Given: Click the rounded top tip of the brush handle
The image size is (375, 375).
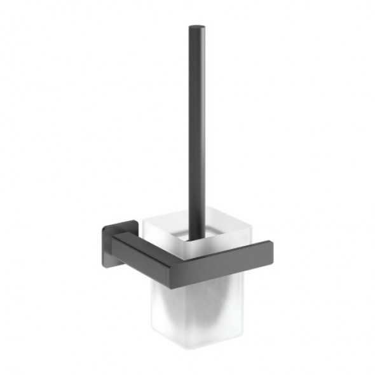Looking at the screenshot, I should click(x=196, y=27).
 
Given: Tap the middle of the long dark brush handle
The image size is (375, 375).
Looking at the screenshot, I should click(x=196, y=127).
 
